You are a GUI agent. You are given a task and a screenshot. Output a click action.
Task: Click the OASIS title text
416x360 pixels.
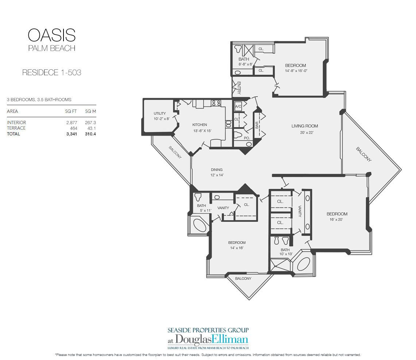coord(52,35)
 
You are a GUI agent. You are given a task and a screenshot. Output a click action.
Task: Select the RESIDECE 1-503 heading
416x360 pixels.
coord(52,73)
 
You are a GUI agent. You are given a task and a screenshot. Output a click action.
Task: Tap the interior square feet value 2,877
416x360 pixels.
coord(72,123)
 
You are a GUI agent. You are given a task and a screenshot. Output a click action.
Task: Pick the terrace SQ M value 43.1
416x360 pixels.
coord(92,128)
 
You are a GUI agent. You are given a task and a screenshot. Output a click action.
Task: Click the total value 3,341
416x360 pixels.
coord(72,134)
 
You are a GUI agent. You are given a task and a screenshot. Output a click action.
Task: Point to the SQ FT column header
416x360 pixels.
coord(71,111)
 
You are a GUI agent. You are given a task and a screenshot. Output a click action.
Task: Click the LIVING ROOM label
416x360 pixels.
coord(305,126)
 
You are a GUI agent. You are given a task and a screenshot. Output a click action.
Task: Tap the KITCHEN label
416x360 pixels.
coord(200,125)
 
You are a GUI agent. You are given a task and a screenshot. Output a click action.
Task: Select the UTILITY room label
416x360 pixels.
coord(160,113)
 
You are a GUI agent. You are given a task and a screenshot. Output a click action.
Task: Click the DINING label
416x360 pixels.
coord(217,170)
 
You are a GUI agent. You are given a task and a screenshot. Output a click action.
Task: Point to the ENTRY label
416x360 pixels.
coord(239,88)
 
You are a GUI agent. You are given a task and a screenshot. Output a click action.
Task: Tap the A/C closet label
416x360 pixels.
coord(238,107)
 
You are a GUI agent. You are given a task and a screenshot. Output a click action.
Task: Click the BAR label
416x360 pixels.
coord(257,125)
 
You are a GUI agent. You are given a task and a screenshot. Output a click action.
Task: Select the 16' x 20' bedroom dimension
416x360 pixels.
coord(336,219)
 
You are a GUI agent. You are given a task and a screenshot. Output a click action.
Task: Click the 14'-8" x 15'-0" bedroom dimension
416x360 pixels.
coord(296,71)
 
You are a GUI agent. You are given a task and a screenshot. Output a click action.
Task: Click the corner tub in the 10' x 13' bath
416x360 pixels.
coord(303,264)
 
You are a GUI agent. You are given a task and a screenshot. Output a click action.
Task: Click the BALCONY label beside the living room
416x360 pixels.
coord(363,154)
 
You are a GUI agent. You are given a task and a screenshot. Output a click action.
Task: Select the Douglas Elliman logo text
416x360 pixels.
coord(208,340)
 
